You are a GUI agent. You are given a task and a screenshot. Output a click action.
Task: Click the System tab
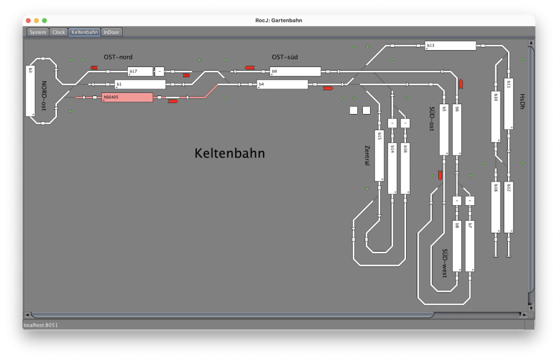(38, 32)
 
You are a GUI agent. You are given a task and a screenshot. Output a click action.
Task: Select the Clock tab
(58, 32)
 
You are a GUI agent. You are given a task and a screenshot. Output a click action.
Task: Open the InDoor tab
(112, 32)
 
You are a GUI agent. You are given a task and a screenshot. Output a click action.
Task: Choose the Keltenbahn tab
(84, 32)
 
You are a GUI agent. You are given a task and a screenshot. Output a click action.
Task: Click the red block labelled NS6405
(126, 97)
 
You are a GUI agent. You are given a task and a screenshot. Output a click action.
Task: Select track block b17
(139, 71)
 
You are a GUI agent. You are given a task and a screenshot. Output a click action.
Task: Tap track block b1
(139, 84)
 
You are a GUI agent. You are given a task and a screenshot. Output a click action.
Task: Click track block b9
(294, 71)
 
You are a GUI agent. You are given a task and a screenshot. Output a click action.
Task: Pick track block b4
(282, 84)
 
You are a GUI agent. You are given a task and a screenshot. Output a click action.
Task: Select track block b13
(450, 45)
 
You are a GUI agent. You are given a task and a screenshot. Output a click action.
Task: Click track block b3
(30, 90)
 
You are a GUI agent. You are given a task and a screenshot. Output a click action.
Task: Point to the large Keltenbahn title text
(229, 153)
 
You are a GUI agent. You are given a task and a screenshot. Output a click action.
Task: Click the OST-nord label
(118, 57)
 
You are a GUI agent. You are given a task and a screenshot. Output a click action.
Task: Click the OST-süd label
(285, 57)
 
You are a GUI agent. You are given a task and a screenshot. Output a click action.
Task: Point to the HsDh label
(522, 102)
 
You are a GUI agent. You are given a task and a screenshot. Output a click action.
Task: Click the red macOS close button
(27, 20)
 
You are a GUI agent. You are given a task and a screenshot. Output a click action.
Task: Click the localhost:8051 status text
(40, 325)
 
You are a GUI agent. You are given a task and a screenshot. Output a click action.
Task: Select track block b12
(508, 207)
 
